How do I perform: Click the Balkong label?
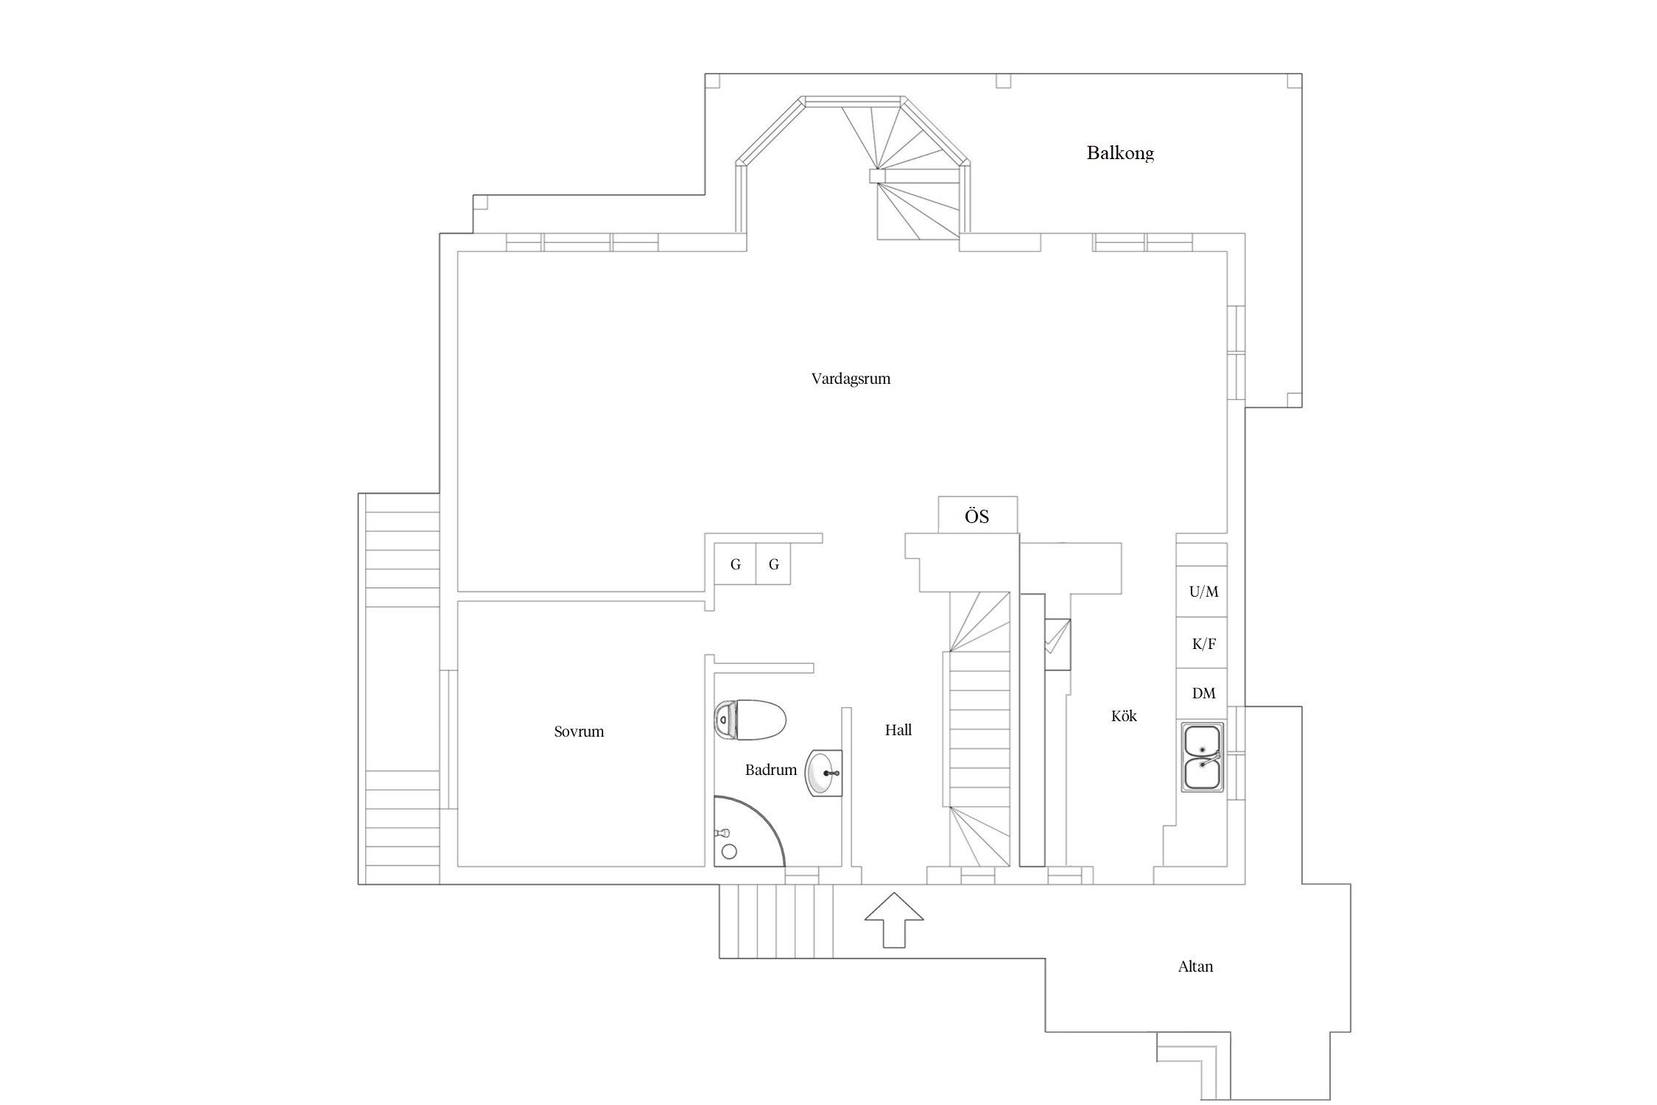pos(1119,153)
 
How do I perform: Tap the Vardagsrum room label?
pos(851,379)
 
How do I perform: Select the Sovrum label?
pos(579,732)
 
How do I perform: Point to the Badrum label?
pos(770,770)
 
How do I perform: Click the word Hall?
pos(898,730)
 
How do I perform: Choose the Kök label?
pos(1124,716)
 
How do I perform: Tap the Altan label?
pos(1195,967)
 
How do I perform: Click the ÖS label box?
pos(977,515)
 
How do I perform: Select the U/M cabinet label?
pos(1203,592)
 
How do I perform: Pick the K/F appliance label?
pos(1203,644)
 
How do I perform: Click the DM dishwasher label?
pos(1203,693)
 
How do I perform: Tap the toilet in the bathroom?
pos(750,720)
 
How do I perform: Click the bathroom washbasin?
pos(824,773)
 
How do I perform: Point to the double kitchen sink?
pos(1202,757)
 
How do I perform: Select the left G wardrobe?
pos(735,564)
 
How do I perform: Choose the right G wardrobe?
pos(773,564)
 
